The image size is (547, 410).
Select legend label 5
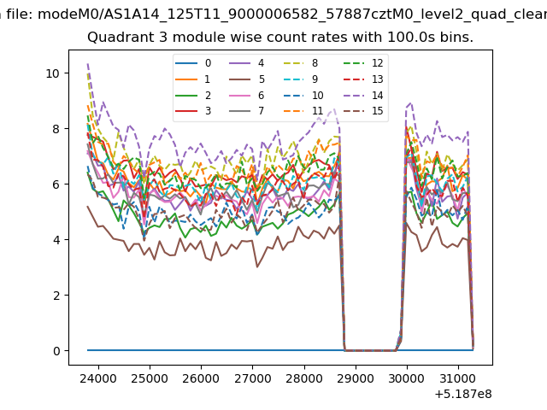click(x=247, y=79)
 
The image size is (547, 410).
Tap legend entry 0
click(x=193, y=63)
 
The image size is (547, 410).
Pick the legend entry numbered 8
click(x=301, y=63)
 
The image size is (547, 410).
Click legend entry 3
click(x=193, y=111)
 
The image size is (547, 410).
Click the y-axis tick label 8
click(x=56, y=129)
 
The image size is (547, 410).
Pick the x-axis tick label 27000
click(x=253, y=378)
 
